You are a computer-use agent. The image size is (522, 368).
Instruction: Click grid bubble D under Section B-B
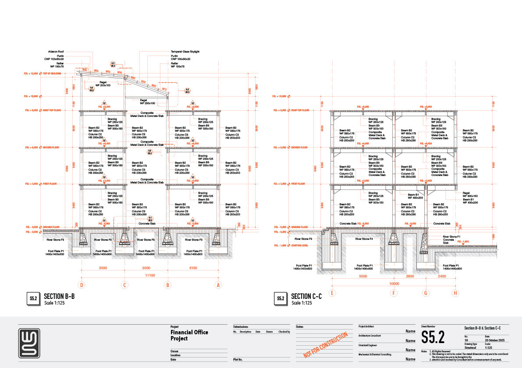tap(82, 285)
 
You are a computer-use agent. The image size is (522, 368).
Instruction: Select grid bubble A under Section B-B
tap(218, 285)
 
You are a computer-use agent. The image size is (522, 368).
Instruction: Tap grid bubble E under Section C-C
tap(333, 293)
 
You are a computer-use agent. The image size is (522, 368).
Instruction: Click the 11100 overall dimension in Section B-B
tap(149, 275)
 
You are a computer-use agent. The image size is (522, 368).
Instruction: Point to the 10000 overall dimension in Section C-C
tap(393, 283)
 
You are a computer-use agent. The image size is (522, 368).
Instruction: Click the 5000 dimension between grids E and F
tap(362, 276)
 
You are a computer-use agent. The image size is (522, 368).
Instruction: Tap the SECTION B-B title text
tap(59, 297)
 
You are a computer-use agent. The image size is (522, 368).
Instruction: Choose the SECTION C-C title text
tap(306, 297)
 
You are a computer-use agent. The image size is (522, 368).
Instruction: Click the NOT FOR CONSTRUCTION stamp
tap(326, 345)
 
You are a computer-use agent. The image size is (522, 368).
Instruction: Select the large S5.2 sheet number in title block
tap(433, 337)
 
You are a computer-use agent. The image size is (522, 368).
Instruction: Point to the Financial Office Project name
tap(189, 335)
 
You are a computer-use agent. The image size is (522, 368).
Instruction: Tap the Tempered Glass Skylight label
tap(185, 52)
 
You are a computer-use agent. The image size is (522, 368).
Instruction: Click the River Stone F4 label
tap(364, 239)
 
